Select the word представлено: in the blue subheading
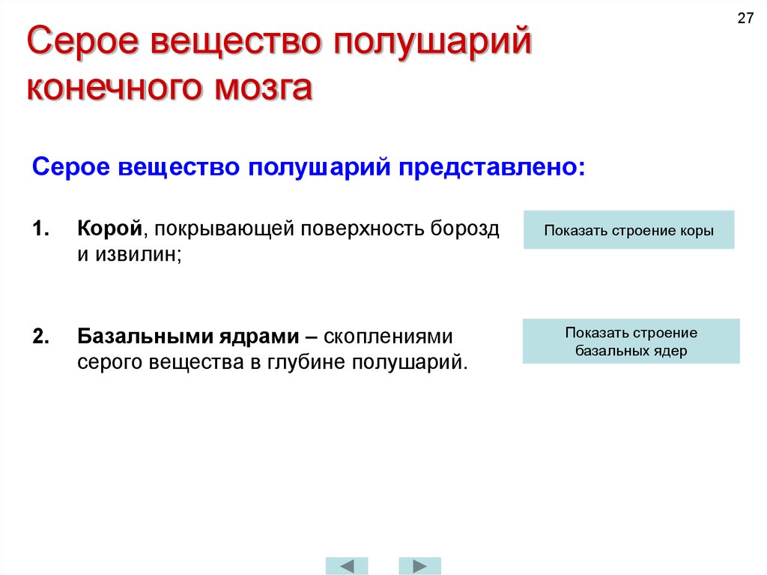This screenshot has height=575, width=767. [492, 166]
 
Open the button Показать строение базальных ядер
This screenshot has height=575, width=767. [631, 341]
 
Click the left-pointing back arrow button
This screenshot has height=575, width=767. [347, 565]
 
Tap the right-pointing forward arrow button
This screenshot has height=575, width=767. [419, 565]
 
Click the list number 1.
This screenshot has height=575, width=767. [40, 228]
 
